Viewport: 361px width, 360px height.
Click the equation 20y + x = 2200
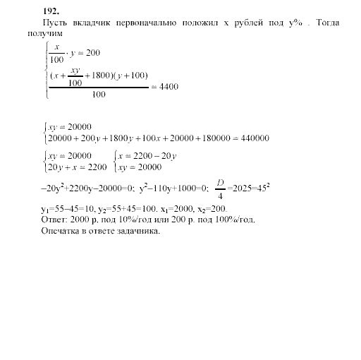coord(75,167)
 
